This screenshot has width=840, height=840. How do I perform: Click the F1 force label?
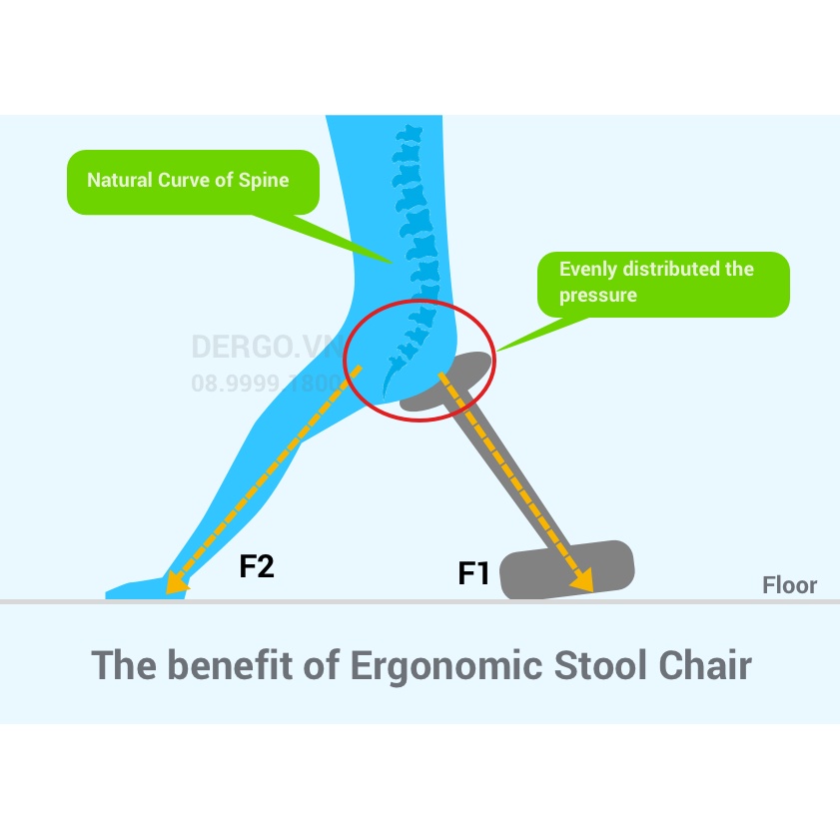click(473, 573)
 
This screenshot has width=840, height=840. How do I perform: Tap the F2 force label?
click(257, 566)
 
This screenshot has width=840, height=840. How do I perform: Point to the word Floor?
click(789, 585)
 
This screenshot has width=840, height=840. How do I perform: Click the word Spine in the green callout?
click(265, 181)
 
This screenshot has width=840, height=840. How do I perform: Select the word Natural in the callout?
click(120, 181)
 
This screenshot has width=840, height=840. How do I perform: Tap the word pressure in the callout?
click(597, 296)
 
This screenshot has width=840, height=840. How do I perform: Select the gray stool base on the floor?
click(566, 570)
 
